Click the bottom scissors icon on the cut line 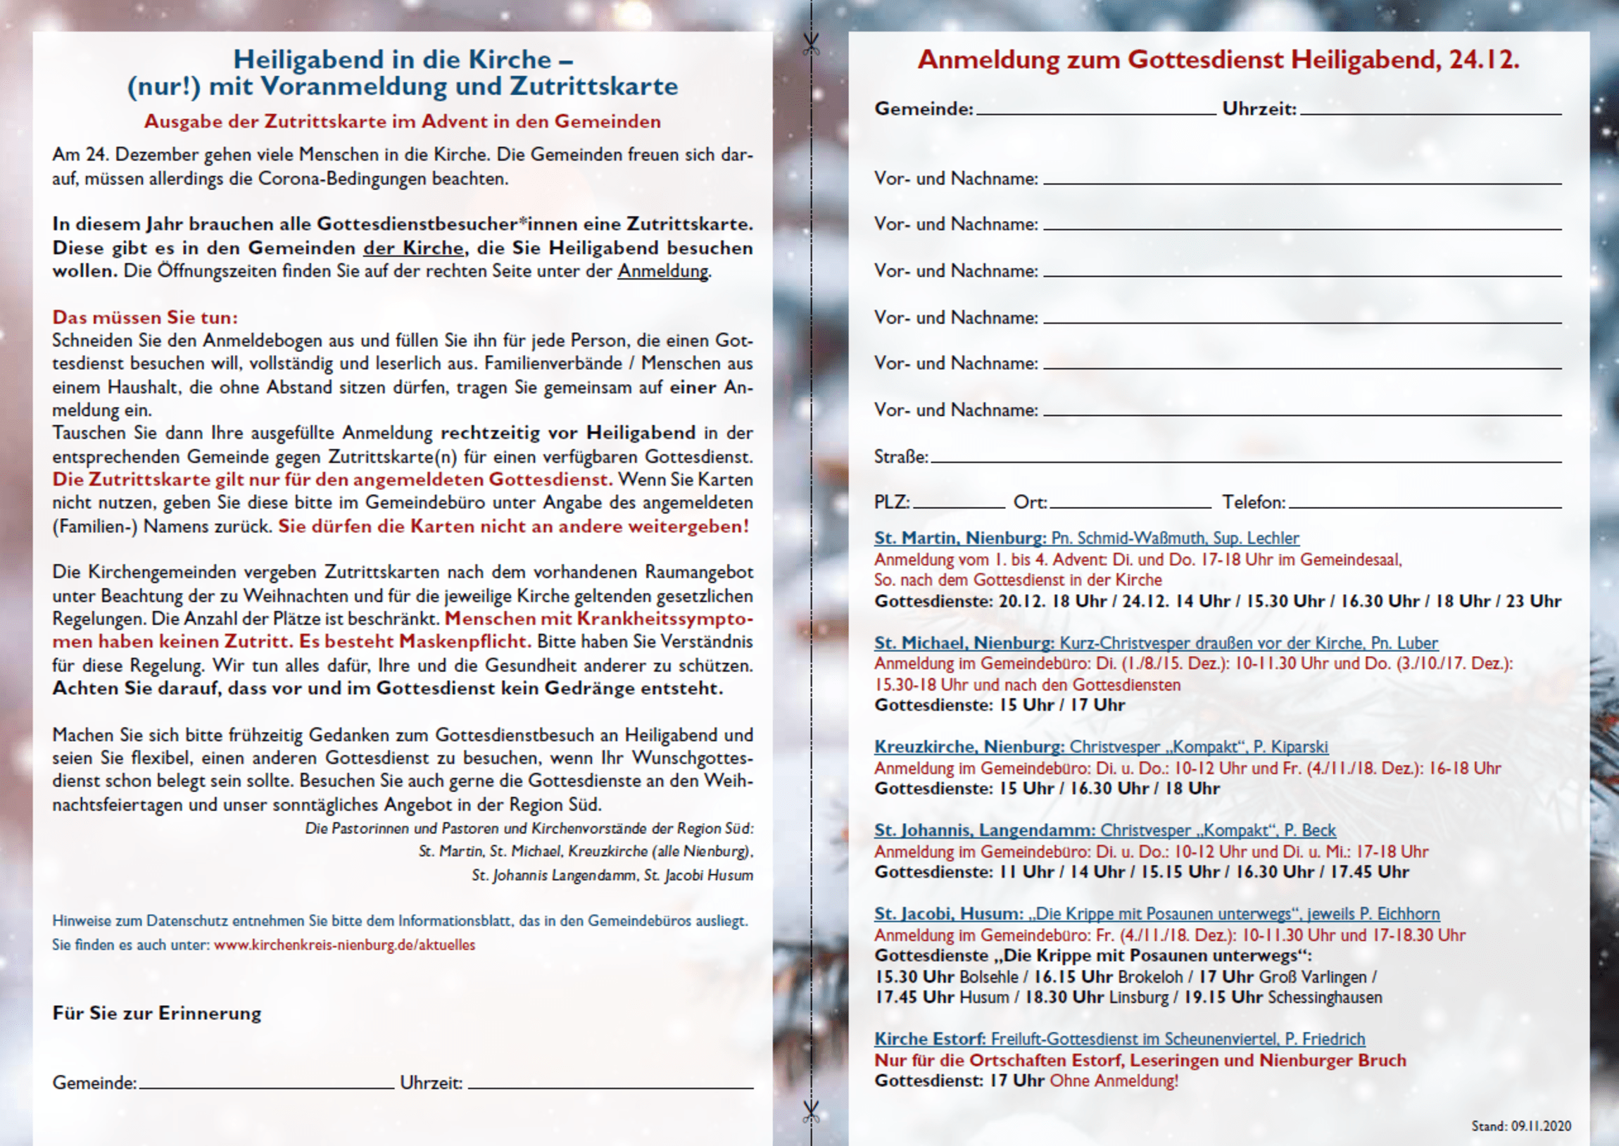(x=812, y=1112)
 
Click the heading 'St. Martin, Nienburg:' (x=960, y=538)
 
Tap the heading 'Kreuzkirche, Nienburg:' (x=969, y=747)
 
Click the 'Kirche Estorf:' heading (x=930, y=1039)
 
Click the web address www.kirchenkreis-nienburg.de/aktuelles (x=344, y=945)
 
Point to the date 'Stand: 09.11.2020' (x=1521, y=1126)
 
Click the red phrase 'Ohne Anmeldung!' (x=1114, y=1081)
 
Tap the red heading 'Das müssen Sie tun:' (x=144, y=317)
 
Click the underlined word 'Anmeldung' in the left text (x=663, y=271)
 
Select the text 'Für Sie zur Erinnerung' (x=156, y=1014)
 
